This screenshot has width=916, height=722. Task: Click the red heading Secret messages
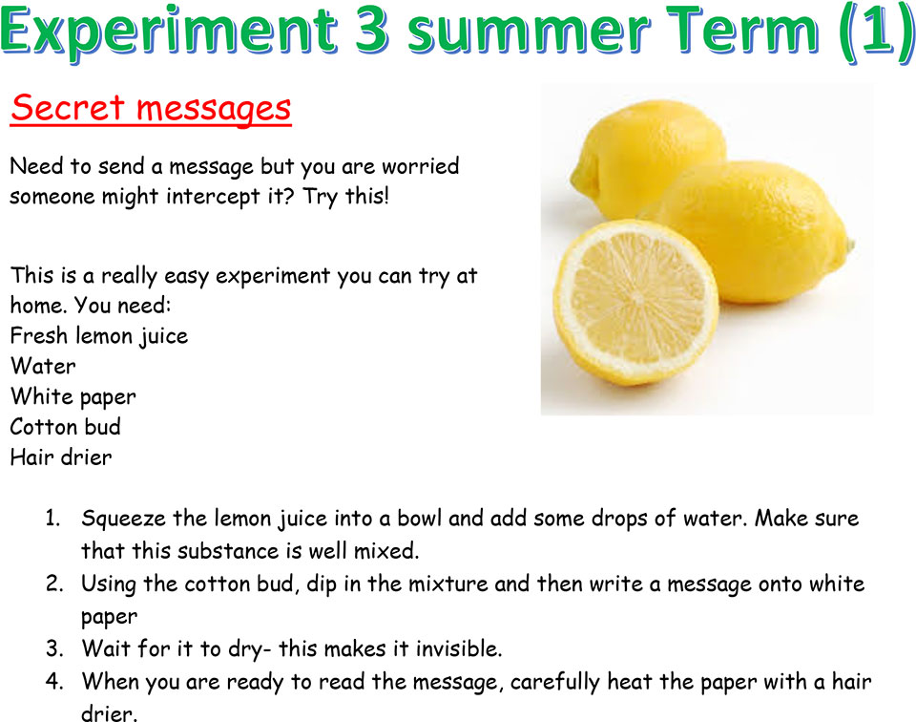(x=151, y=109)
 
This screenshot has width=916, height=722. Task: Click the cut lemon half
(x=636, y=302)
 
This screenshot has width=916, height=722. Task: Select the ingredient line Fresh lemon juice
(x=99, y=336)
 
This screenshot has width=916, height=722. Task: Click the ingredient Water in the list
(x=43, y=366)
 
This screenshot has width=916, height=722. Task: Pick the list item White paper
(x=73, y=397)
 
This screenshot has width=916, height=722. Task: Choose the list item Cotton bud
(x=66, y=427)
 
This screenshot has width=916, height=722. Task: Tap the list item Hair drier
(x=61, y=457)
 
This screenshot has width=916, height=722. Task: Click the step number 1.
(x=52, y=518)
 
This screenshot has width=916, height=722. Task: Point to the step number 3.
(x=54, y=648)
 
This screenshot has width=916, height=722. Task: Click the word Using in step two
(x=109, y=584)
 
